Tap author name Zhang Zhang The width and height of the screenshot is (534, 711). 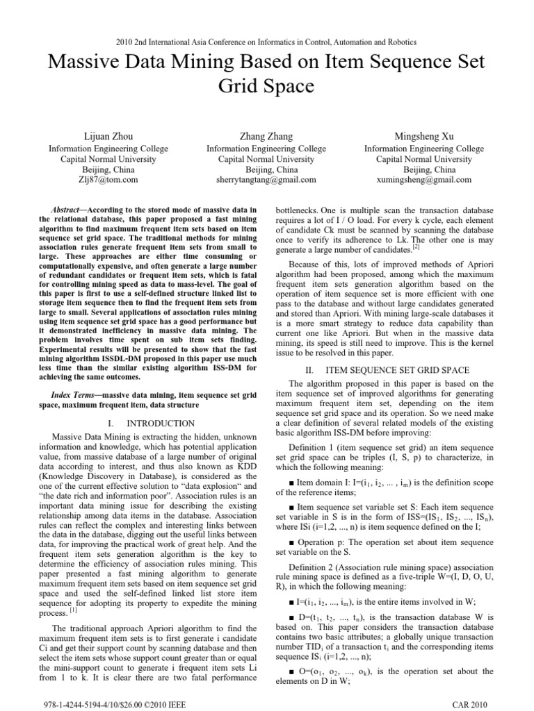click(266, 136)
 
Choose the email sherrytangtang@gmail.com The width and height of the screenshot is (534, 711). click(266, 179)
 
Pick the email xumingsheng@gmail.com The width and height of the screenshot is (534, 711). click(426, 179)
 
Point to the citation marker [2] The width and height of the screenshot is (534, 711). click(416, 245)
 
